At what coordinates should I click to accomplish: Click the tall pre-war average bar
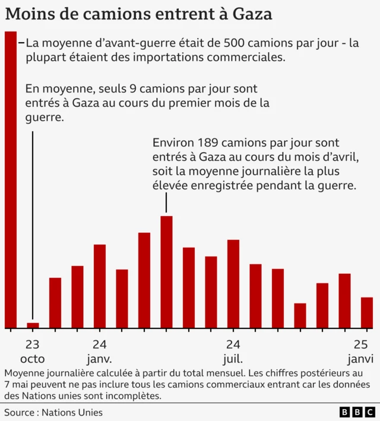[x=11, y=178]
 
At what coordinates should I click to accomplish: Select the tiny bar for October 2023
[x=33, y=325]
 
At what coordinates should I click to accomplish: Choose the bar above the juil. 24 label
[x=233, y=284]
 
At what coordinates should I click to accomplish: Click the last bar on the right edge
[x=367, y=312]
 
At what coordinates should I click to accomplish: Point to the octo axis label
[x=32, y=359]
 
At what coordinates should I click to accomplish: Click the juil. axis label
[x=233, y=359]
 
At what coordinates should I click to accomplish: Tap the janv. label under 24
[x=99, y=359]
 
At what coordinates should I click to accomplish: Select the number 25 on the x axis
[x=360, y=344]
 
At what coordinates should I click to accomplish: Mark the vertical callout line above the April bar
[x=166, y=204]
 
